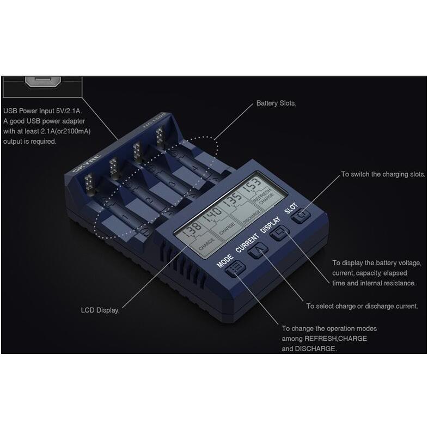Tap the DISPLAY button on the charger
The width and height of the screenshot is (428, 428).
(281, 235)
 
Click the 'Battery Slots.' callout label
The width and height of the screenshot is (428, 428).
(276, 103)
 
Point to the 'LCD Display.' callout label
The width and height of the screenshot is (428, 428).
(99, 310)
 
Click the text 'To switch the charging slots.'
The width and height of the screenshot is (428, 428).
(383, 175)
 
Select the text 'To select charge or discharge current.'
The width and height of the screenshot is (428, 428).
(362, 307)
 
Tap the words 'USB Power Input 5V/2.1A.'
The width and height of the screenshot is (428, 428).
(42, 111)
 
